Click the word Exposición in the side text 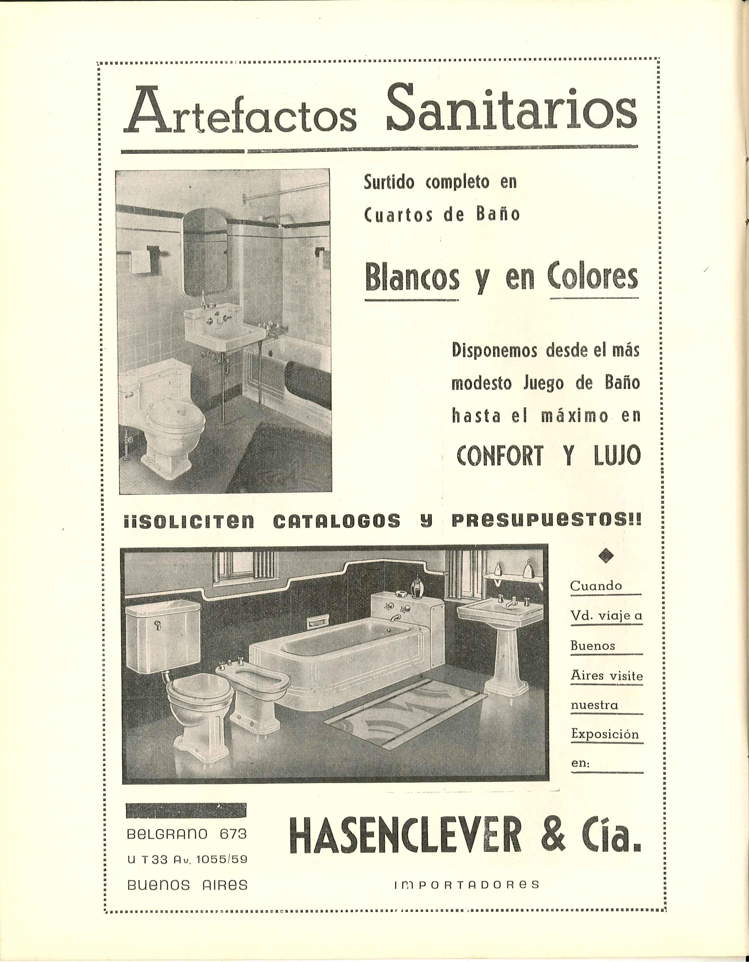coord(605,734)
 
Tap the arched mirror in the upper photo coord(205,253)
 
